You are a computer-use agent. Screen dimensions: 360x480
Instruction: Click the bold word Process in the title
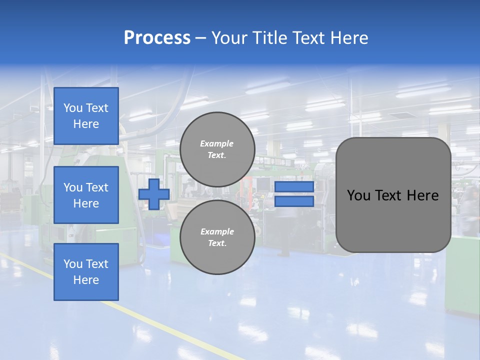(x=157, y=38)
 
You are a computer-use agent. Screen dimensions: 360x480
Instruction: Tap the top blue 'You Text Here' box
(x=86, y=116)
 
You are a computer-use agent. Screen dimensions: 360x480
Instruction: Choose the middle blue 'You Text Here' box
(x=86, y=195)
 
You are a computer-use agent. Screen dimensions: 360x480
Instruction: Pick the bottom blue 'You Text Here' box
(x=86, y=272)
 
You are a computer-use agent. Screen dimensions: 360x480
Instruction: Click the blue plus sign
(x=154, y=194)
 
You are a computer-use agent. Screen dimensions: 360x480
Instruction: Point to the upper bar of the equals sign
(x=294, y=187)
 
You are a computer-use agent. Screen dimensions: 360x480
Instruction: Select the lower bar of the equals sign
(x=294, y=201)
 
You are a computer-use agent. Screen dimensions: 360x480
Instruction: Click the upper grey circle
(x=217, y=149)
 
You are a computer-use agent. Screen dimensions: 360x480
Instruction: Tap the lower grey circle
(x=217, y=237)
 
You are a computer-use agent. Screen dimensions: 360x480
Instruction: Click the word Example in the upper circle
(x=217, y=143)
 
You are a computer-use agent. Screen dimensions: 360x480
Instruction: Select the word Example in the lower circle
(x=217, y=231)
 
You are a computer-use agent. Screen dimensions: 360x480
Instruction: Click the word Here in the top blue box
(x=86, y=124)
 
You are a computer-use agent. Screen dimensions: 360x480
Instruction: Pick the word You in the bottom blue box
(x=73, y=264)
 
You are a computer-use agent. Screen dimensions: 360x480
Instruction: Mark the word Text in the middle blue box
(x=97, y=187)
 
